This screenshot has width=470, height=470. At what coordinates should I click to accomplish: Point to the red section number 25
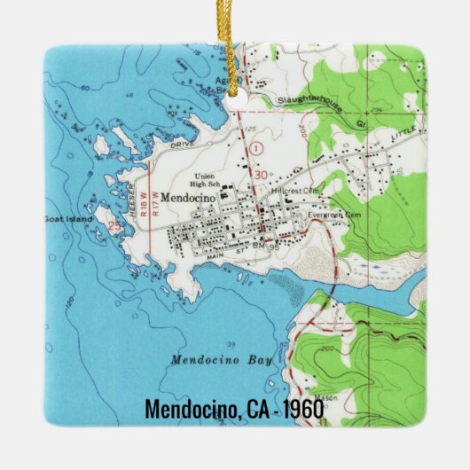point(114,227)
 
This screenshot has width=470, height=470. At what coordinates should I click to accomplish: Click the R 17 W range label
point(156,206)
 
